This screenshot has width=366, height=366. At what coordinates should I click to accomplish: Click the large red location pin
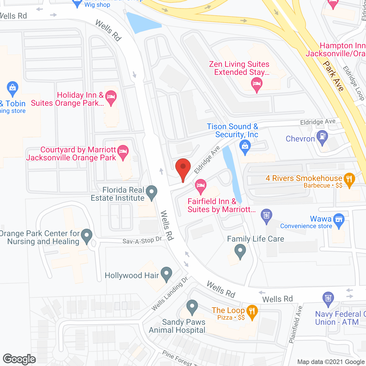click(x=183, y=169)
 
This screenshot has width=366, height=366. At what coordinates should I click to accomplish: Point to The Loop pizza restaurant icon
click(x=252, y=312)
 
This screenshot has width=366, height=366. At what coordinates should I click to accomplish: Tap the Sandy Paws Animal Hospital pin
click(x=192, y=307)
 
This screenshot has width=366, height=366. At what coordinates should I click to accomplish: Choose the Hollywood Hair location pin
click(x=166, y=274)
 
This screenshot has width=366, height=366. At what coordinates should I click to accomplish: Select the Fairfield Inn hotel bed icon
click(x=201, y=186)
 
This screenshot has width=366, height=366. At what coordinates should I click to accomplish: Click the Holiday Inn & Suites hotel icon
click(x=111, y=97)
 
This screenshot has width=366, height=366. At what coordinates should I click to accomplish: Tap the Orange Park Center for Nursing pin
click(x=87, y=236)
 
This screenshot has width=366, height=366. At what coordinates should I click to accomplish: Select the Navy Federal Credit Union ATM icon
click(x=328, y=299)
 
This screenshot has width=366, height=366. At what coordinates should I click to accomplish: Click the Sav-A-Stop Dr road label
click(x=142, y=241)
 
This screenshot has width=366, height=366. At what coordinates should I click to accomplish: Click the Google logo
click(x=19, y=359)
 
